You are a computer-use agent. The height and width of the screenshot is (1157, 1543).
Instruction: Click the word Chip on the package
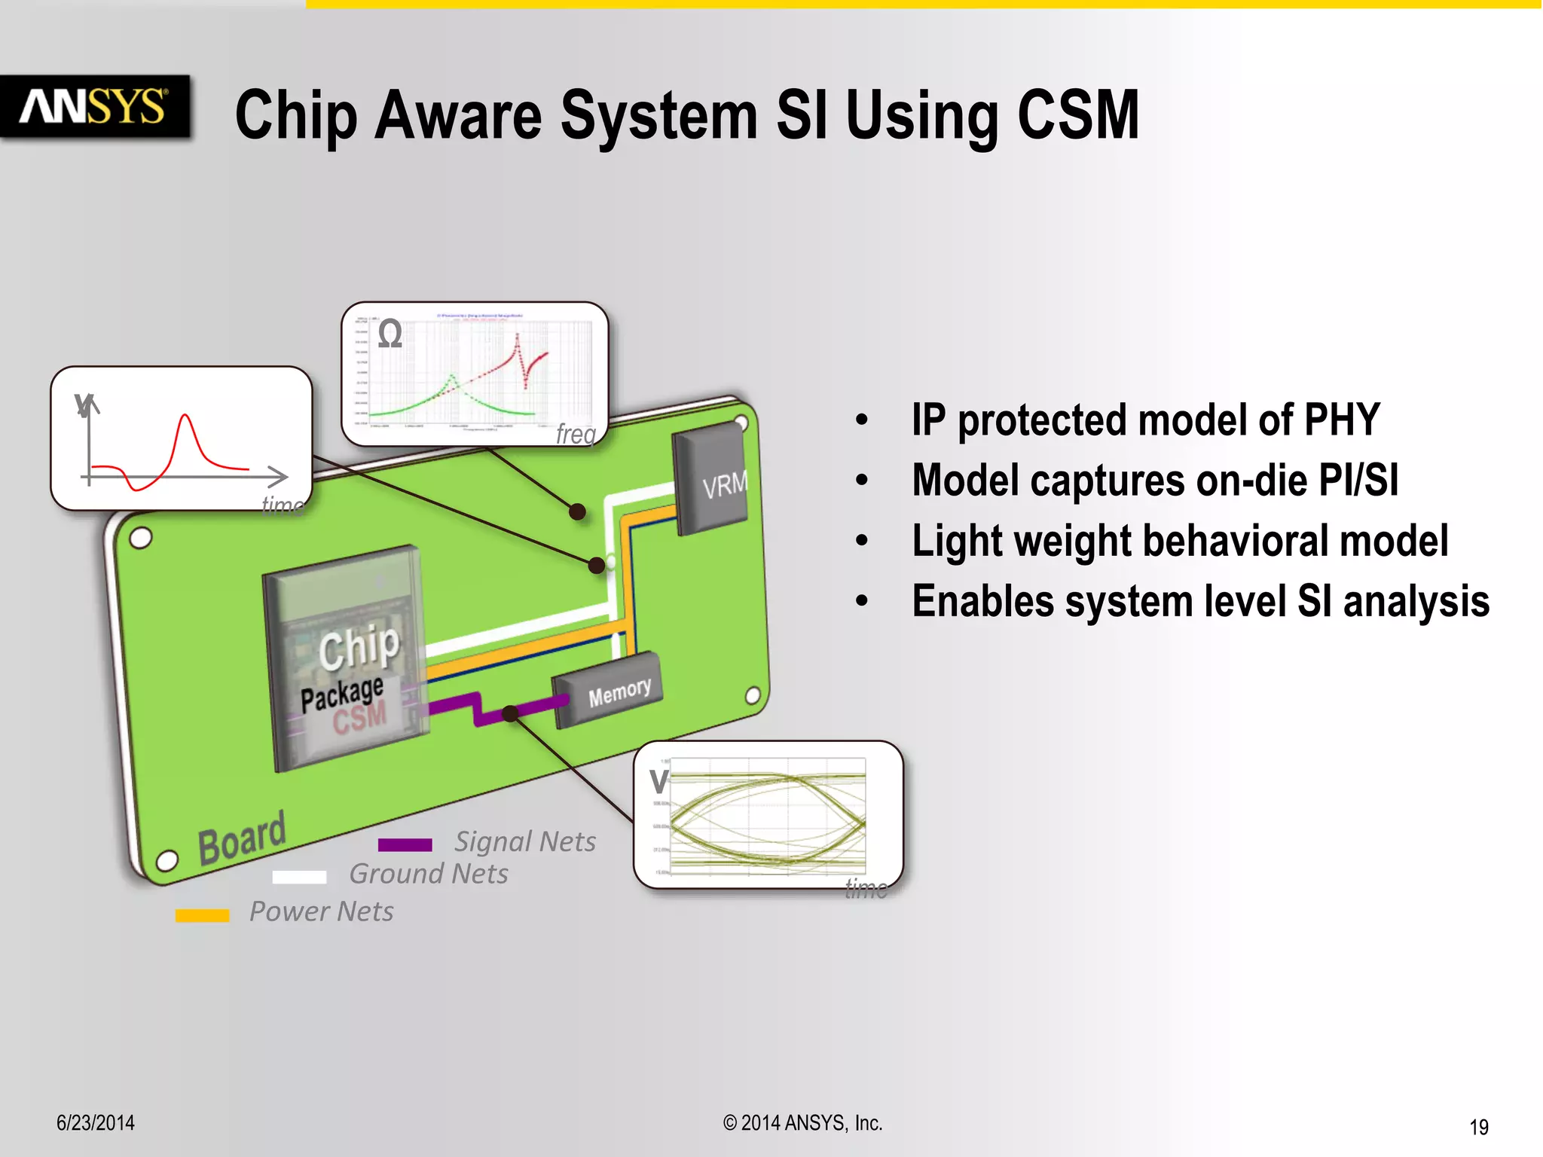(359, 646)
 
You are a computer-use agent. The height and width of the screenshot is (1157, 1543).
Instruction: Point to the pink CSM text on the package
(360, 716)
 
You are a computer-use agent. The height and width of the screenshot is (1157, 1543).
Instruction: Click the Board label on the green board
(242, 837)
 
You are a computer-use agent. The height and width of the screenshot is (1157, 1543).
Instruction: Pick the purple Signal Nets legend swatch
(405, 845)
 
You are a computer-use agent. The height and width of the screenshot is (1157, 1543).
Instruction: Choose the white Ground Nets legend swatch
(299, 877)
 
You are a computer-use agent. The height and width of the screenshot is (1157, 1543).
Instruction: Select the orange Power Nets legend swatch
(202, 915)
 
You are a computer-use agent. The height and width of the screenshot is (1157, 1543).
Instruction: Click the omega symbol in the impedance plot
(390, 334)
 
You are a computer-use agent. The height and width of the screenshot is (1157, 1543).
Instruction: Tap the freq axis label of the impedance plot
(576, 434)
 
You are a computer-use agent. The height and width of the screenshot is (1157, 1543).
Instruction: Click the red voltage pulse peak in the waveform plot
(185, 417)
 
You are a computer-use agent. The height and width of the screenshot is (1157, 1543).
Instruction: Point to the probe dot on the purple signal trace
(510, 713)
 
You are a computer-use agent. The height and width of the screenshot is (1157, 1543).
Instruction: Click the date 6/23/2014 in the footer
(96, 1122)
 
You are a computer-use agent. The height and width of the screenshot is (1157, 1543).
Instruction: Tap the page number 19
(1478, 1127)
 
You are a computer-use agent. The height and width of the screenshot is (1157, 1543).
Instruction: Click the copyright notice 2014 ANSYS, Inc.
(802, 1123)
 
